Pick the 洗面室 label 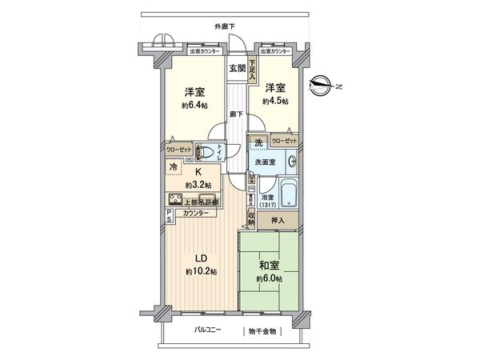266,162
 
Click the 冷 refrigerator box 174,167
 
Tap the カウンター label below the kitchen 196,214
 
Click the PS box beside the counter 169,214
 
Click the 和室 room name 268,266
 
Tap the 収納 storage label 250,214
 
